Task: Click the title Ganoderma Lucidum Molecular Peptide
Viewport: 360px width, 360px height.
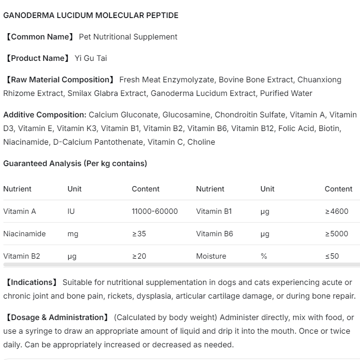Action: (x=91, y=15)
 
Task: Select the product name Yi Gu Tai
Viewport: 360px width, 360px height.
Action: (x=91, y=58)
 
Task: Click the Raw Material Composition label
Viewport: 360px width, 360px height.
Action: (x=59, y=79)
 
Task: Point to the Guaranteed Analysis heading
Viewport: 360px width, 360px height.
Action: (x=75, y=163)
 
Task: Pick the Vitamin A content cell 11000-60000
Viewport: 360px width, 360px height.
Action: (x=154, y=211)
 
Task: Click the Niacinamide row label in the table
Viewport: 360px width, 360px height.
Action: (x=24, y=234)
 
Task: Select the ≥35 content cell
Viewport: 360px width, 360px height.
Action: (x=139, y=234)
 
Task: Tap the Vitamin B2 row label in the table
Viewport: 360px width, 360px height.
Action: (x=21, y=256)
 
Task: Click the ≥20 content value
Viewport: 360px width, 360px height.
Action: (x=139, y=256)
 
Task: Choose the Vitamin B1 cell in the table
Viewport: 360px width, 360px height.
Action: (x=214, y=211)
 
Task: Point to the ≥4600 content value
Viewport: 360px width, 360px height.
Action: (x=337, y=211)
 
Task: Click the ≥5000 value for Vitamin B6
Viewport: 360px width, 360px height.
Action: (x=337, y=234)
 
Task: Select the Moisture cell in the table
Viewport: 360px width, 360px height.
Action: (x=211, y=256)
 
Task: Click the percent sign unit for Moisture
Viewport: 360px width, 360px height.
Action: (x=264, y=256)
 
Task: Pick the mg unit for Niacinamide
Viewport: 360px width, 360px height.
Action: (x=73, y=234)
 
